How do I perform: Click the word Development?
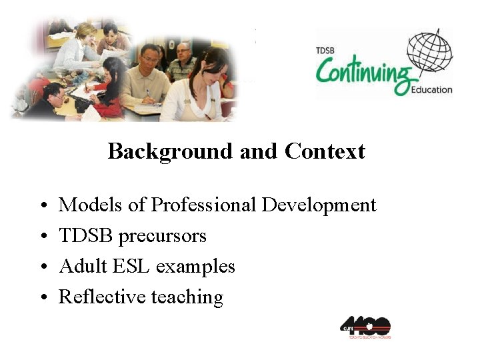coord(319,205)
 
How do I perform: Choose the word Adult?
coord(81,266)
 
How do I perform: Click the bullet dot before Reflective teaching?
coord(42,298)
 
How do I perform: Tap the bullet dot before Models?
coord(42,206)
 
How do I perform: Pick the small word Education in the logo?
coord(431,89)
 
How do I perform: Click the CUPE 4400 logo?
coord(365,327)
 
